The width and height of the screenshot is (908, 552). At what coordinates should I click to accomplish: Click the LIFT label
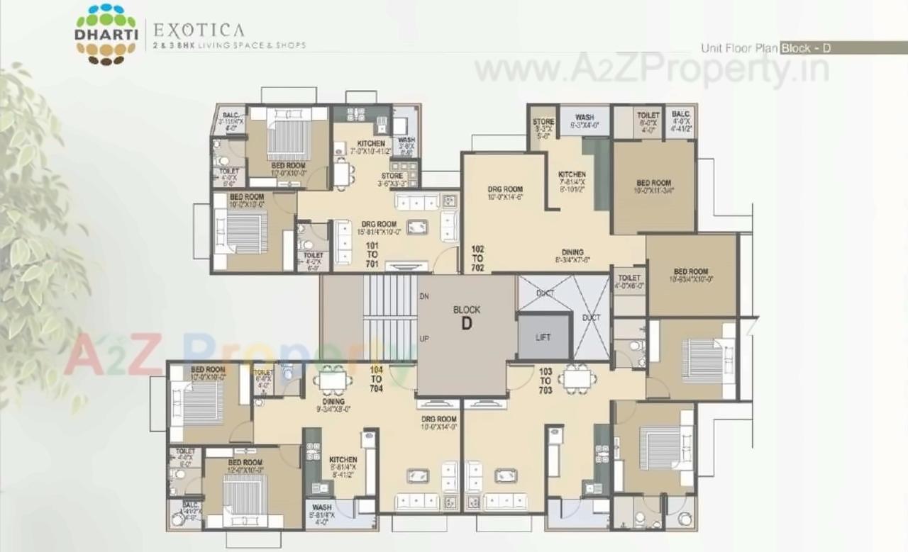coord(543,337)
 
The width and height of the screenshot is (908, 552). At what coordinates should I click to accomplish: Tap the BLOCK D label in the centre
coord(466,318)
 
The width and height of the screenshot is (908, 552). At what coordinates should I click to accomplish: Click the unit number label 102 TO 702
coord(477,258)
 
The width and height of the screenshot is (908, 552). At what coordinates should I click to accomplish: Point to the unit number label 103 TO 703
coord(546,381)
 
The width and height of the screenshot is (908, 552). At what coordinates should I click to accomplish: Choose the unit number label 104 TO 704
coord(376,378)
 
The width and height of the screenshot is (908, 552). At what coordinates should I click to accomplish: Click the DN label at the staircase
coord(424,296)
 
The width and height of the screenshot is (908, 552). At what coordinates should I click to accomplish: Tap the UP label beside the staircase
coord(424,339)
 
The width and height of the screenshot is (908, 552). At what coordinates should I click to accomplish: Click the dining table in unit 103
coord(577,379)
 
